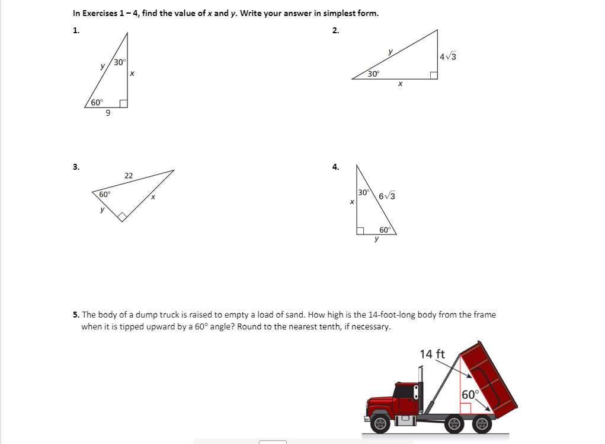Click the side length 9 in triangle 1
107,114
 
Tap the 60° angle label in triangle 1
97,103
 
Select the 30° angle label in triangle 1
119,62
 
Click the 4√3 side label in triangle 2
448,57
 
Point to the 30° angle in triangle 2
373,74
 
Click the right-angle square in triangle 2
434,75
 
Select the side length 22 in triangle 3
129,175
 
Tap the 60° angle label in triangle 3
104,195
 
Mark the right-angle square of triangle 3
123,216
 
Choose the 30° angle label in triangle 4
364,192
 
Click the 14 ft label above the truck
432,354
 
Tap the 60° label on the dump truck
469,395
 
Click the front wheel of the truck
382,424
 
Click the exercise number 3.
75,167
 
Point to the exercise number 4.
335,167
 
